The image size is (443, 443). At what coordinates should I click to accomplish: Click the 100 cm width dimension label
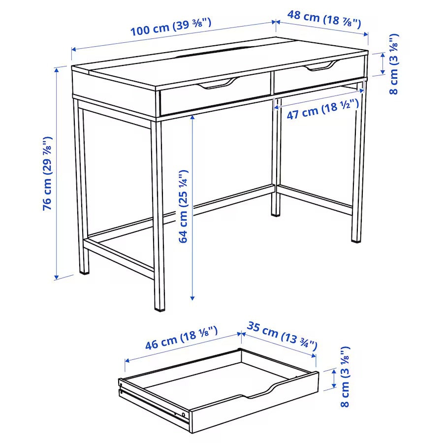tap(170, 28)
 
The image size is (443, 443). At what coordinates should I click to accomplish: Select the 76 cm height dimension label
tap(48, 173)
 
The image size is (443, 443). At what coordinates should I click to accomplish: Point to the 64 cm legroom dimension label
tap(183, 206)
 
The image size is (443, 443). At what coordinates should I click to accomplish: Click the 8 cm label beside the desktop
tap(394, 64)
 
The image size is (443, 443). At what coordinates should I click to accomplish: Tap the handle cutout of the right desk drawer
tap(321, 66)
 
